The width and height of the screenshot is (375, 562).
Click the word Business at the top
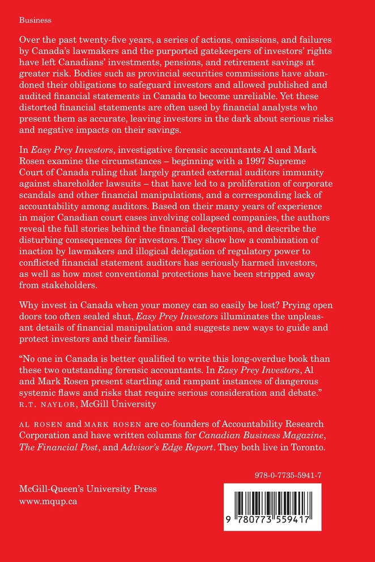pyautogui.click(x=35, y=20)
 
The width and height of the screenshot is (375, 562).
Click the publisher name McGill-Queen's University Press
pyautogui.click(x=88, y=490)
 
